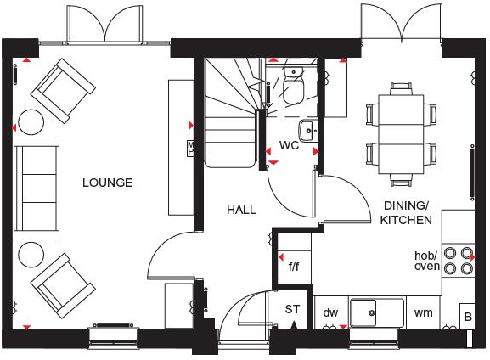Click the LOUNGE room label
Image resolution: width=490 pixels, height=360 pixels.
107,183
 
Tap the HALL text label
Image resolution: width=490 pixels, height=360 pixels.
241,210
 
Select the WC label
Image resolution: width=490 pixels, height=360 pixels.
290,145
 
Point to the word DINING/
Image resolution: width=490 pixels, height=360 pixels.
406,205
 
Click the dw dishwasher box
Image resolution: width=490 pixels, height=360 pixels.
330,312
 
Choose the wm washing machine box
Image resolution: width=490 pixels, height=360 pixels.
423,312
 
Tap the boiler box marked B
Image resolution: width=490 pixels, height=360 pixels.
466,316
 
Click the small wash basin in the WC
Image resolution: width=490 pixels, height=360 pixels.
308,131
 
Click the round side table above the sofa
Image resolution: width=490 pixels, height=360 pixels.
31,122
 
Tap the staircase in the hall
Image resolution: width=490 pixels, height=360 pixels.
230,110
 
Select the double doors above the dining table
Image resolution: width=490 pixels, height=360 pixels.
402,24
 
